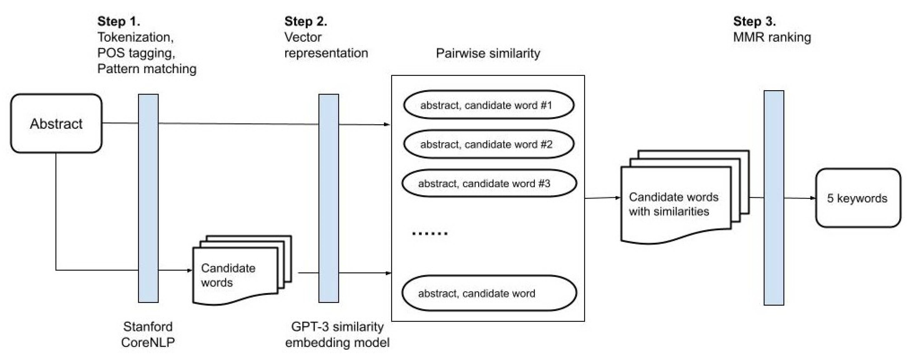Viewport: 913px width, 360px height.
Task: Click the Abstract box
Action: click(56, 123)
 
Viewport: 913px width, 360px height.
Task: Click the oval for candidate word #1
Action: click(488, 105)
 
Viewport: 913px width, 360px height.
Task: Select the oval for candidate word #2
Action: click(488, 144)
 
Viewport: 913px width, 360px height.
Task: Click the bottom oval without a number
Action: click(488, 293)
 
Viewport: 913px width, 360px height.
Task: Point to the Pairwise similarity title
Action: click(488, 53)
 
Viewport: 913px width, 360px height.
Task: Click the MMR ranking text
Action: click(772, 37)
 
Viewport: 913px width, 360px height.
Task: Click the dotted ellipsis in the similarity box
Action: click(430, 233)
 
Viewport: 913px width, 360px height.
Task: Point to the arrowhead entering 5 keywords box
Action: click(813, 198)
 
